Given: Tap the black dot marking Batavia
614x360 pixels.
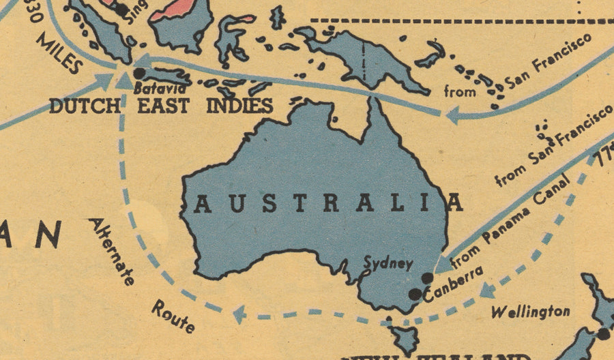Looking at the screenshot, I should [x=139, y=73].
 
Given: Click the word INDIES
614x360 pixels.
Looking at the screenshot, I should [x=239, y=106].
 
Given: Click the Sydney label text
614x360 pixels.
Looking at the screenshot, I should [x=388, y=263].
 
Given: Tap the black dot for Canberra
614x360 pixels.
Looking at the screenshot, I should [x=414, y=294].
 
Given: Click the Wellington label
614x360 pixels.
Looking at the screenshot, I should [x=530, y=312].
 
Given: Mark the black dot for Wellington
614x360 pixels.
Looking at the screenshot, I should [x=604, y=333].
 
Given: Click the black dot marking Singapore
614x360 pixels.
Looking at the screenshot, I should [x=121, y=10].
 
